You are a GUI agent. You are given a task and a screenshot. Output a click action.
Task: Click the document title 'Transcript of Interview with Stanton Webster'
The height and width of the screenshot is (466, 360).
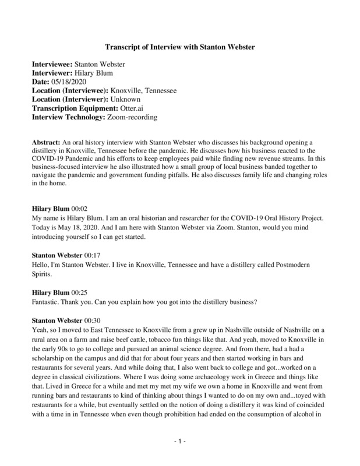[179, 46]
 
